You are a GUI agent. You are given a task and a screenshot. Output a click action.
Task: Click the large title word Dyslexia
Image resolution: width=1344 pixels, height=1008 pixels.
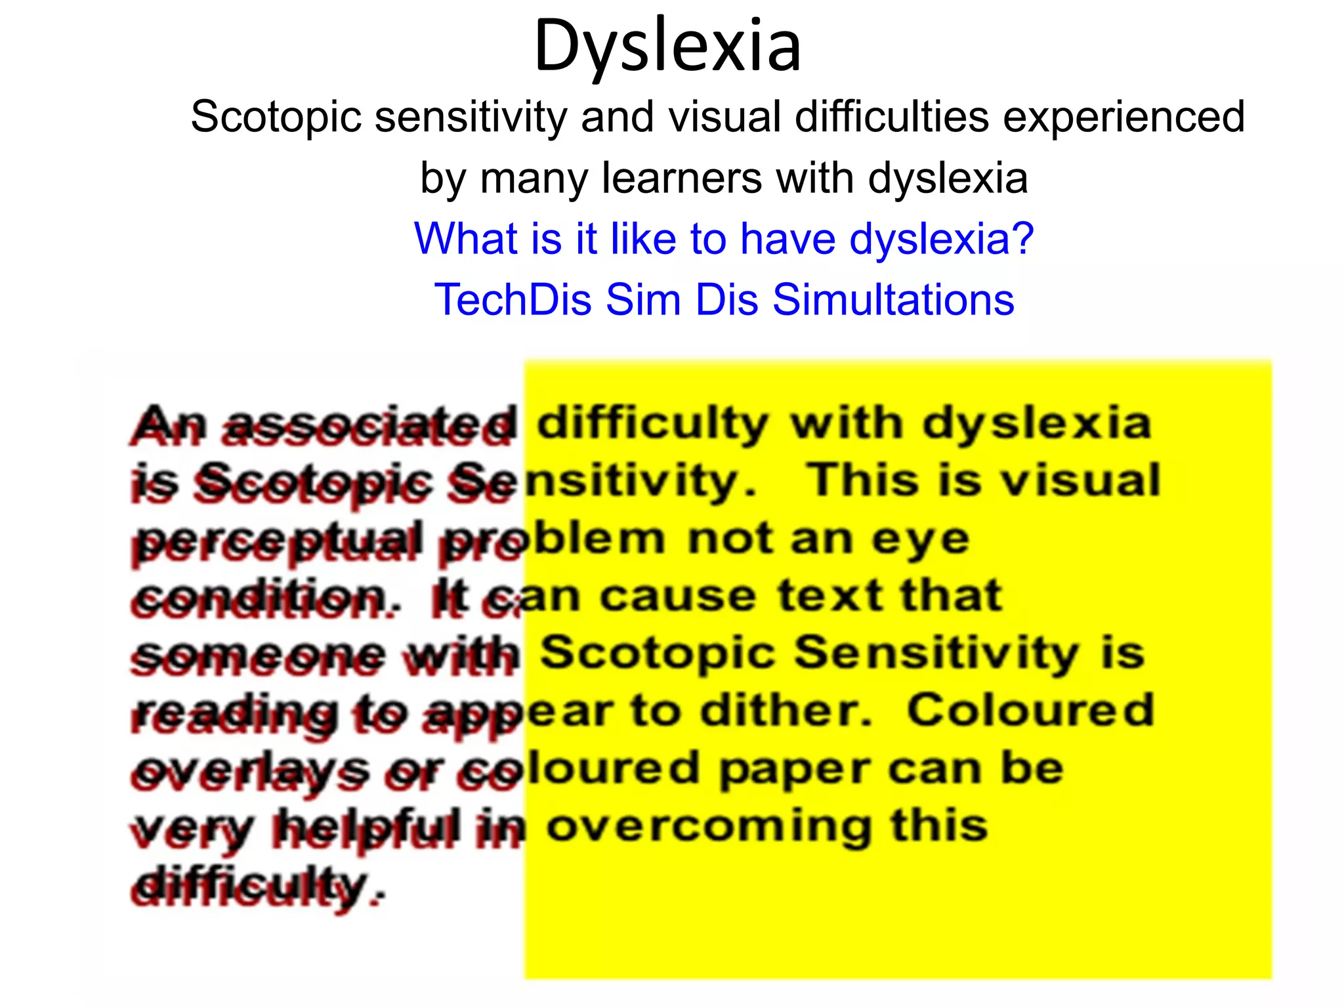[x=667, y=46]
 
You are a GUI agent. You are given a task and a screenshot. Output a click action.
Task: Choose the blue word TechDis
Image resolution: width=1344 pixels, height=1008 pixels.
[x=513, y=299]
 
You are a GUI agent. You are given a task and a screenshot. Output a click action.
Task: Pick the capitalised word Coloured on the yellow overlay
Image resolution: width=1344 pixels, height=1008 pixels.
[x=1030, y=711]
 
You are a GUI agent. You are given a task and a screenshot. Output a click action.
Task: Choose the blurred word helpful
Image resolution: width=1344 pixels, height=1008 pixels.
[x=366, y=828]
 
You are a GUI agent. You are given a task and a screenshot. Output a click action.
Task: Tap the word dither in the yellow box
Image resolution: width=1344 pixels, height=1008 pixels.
[x=784, y=711]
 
